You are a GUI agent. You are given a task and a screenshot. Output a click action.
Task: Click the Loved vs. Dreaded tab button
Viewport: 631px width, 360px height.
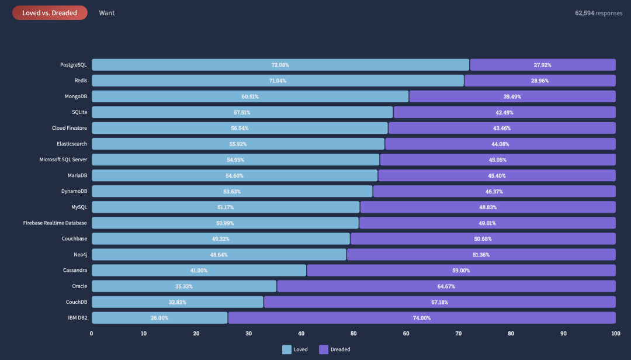click(x=50, y=13)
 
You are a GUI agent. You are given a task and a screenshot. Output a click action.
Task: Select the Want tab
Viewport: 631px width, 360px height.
click(x=107, y=13)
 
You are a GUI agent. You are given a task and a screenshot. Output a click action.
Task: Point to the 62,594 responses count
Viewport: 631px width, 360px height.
click(x=598, y=13)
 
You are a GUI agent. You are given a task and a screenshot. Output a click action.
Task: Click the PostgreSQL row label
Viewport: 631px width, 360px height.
click(x=74, y=65)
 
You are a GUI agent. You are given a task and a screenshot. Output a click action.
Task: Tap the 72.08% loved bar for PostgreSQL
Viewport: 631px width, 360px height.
click(x=280, y=65)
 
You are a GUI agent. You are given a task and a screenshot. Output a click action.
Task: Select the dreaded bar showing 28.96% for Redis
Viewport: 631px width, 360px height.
click(x=540, y=81)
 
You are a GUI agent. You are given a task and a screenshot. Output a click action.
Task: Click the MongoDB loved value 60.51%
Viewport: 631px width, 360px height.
click(x=251, y=96)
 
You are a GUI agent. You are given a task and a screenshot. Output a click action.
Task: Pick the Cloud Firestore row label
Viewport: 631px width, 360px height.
click(x=70, y=128)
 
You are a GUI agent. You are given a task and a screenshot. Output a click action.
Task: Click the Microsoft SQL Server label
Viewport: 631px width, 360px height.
click(x=63, y=160)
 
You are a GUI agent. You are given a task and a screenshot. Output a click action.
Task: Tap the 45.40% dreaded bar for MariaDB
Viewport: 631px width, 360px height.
click(x=497, y=175)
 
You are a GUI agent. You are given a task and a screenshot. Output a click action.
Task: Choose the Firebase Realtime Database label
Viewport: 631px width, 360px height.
click(x=55, y=223)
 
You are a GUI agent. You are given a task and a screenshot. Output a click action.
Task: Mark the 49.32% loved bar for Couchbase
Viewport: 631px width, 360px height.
click(x=221, y=238)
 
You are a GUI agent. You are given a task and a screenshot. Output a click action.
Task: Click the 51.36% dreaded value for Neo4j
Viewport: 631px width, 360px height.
click(x=481, y=254)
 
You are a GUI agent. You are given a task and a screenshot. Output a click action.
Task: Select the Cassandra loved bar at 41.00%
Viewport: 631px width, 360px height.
click(x=199, y=270)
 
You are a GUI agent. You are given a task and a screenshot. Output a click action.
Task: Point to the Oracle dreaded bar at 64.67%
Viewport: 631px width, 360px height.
click(x=446, y=286)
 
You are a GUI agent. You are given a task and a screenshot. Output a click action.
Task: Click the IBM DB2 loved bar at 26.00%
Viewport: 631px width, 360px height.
click(x=160, y=317)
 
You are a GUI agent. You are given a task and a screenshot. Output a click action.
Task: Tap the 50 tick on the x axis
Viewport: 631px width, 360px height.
click(x=353, y=333)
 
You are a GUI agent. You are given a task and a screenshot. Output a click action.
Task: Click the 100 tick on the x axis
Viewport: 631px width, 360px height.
click(x=615, y=333)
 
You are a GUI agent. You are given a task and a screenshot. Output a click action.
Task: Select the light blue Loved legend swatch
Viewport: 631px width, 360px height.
click(x=287, y=349)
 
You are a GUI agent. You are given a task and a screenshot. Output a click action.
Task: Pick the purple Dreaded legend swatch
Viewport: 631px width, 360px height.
click(x=324, y=349)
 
